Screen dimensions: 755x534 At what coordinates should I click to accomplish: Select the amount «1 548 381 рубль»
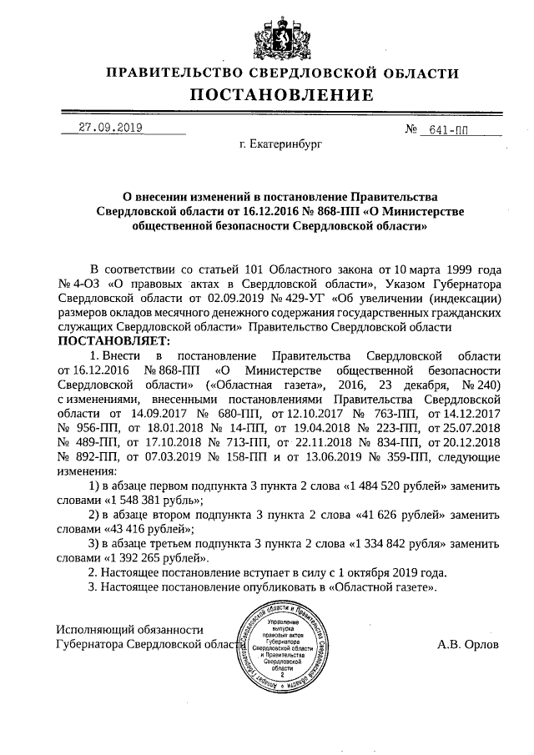click(153, 501)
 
